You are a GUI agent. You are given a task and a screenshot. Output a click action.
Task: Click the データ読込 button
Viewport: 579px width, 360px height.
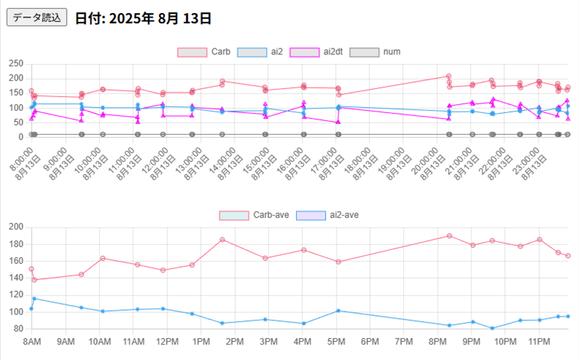point(37,17)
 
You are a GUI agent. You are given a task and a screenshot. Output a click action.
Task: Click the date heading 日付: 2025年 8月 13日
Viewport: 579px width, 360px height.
point(143,17)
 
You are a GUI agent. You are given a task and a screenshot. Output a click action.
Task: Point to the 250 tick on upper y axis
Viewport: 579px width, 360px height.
point(15,65)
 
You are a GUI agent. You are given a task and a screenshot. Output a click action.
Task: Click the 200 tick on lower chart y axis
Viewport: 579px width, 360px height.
point(15,227)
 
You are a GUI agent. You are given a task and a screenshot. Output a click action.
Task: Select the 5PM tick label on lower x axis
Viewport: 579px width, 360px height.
point(336,342)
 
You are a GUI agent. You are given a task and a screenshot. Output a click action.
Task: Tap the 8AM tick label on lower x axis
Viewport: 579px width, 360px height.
point(32,342)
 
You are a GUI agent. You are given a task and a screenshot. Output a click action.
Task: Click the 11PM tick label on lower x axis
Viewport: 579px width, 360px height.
point(539,342)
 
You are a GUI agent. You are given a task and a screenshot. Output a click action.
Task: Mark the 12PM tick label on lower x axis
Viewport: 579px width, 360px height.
point(167,342)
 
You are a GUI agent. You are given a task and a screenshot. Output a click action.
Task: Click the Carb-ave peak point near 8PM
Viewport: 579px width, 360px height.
point(449,236)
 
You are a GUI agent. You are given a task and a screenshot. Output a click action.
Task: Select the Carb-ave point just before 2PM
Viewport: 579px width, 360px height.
point(222,240)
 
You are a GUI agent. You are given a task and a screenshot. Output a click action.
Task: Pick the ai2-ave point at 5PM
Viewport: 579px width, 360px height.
point(338,311)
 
